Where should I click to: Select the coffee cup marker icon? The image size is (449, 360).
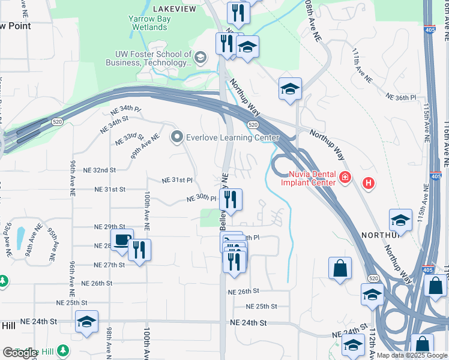pyautogui.click(x=122, y=240)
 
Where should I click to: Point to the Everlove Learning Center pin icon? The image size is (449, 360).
pyautogui.click(x=176, y=137)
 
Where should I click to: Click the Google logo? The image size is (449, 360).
pyautogui.click(x=20, y=353)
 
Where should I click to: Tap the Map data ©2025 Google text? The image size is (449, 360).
pyautogui.click(x=411, y=355)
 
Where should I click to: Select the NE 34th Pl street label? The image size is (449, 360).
pyautogui.click(x=125, y=110)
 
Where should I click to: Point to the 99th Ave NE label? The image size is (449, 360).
pyautogui.click(x=145, y=146)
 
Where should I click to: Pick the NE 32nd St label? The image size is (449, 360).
pyautogui.click(x=100, y=170)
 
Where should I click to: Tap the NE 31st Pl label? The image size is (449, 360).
pyautogui.click(x=177, y=179)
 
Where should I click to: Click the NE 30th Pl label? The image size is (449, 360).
pyautogui.click(x=200, y=198)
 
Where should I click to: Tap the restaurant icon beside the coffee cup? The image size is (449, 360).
pyautogui.click(x=139, y=250)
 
